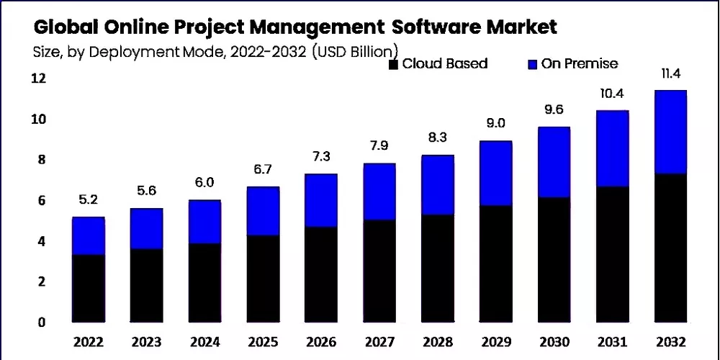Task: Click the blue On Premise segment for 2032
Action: (670, 132)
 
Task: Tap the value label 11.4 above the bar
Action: (670, 76)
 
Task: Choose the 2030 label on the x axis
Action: (554, 341)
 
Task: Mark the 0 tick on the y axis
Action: (42, 322)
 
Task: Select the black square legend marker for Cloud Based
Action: (393, 65)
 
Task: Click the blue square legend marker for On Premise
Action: (532, 65)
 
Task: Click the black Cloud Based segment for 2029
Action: (496, 264)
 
